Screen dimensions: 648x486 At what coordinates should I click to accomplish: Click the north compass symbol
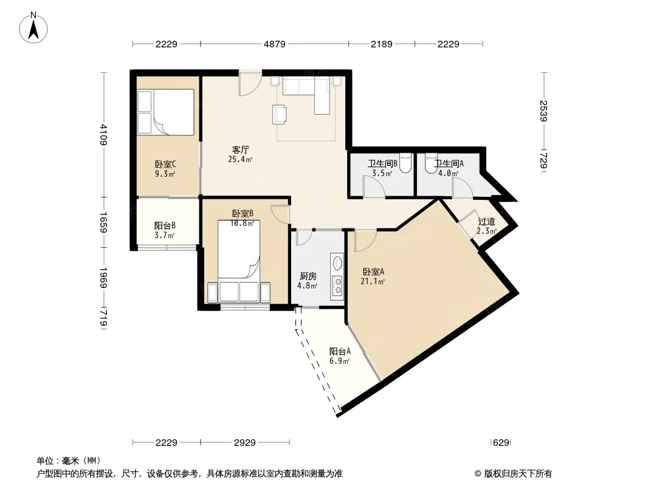33,27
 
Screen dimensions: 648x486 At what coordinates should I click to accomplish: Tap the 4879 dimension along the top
274,44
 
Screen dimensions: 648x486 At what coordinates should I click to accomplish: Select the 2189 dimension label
381,44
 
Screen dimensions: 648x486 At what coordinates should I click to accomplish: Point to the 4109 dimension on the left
103,135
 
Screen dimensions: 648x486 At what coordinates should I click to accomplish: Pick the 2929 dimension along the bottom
244,443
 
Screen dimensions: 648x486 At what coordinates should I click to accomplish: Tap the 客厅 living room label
241,149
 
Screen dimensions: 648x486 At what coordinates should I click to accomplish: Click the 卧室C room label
165,165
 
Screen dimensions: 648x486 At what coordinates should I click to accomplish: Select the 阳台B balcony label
165,225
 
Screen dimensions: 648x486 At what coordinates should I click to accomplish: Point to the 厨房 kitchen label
308,276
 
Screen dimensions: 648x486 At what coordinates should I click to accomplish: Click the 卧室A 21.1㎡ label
373,276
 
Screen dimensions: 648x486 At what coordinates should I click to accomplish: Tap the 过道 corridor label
486,222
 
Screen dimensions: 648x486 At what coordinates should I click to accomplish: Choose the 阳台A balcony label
340,351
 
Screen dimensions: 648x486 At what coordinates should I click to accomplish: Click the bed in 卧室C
166,112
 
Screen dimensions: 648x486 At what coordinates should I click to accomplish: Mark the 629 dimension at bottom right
501,443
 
